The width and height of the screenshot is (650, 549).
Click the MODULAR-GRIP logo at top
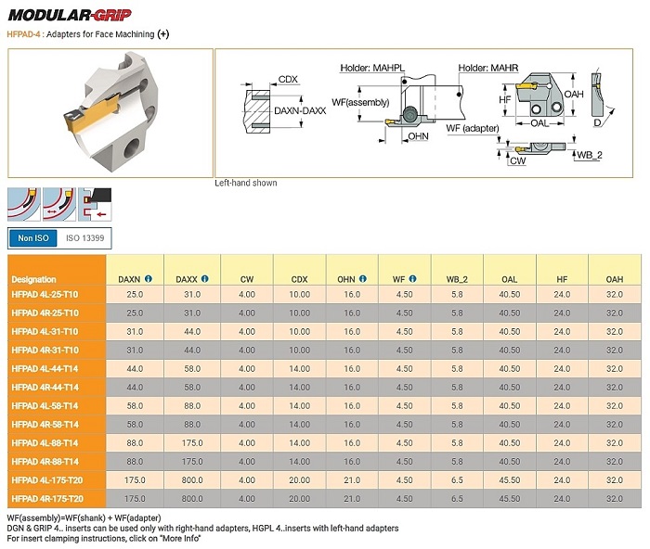coord(70,14)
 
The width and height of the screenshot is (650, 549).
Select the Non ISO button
coord(33,238)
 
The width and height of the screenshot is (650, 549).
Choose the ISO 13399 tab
coord(84,238)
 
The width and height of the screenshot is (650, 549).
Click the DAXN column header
coord(130,279)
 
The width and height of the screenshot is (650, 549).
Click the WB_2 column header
coord(456,279)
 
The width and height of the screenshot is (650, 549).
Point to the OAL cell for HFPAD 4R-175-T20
coord(509,498)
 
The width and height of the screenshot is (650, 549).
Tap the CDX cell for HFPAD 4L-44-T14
coord(299,369)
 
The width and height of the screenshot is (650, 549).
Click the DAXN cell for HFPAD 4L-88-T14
coord(135,443)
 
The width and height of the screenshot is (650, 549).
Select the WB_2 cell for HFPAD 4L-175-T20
coord(457,480)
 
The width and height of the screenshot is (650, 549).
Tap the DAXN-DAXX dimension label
coord(301,111)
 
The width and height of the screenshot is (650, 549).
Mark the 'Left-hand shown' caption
coord(246,183)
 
